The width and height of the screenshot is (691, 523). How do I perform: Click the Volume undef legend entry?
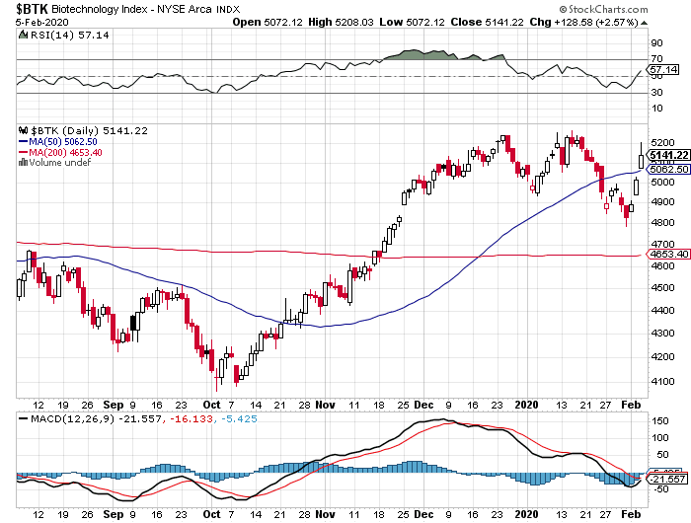[x=53, y=163]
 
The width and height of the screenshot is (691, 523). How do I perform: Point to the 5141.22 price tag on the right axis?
[x=665, y=156]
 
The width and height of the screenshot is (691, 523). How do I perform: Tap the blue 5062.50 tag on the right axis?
[x=665, y=170]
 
